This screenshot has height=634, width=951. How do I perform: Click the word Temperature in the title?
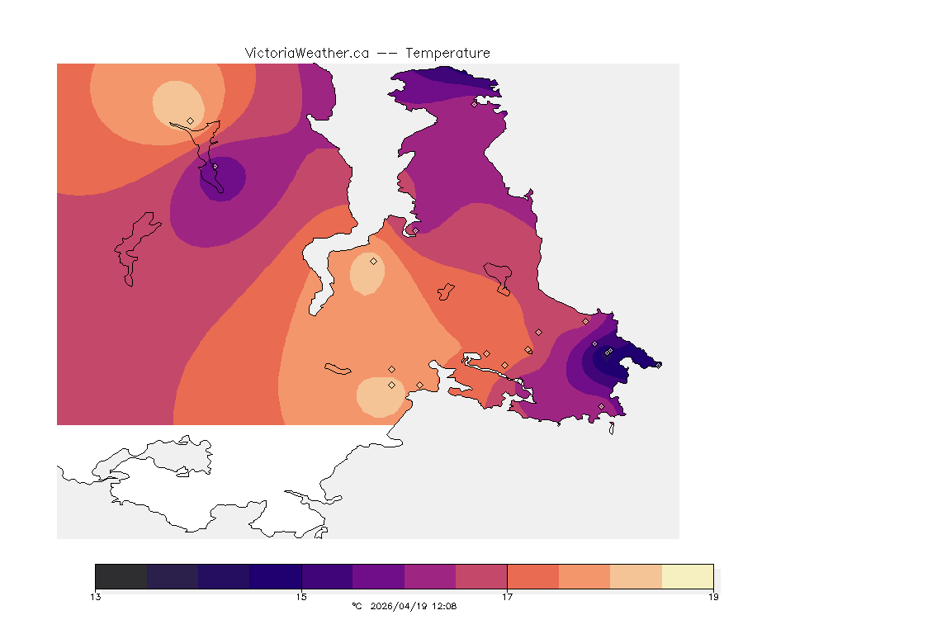447,53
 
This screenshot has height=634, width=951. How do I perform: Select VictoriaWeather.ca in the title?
306,53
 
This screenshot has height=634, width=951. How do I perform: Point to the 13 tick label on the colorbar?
96,596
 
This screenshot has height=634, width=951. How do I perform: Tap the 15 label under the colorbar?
301,596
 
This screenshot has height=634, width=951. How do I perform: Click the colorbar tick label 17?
507,596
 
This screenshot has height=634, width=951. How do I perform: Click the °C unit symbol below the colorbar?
357,607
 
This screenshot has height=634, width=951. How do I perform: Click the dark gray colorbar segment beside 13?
121,575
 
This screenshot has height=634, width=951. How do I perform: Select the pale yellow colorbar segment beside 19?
687,575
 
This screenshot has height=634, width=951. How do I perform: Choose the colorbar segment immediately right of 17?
532,575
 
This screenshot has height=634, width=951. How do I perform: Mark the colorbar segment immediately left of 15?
275,575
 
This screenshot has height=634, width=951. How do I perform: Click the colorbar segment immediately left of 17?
481,575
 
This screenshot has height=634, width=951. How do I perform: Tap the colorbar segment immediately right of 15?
327,575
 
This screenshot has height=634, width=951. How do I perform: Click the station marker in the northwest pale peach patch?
191,121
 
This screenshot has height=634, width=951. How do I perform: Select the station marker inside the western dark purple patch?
215,166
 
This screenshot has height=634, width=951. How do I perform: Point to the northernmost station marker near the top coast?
474,104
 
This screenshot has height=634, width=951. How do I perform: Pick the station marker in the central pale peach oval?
373,261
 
